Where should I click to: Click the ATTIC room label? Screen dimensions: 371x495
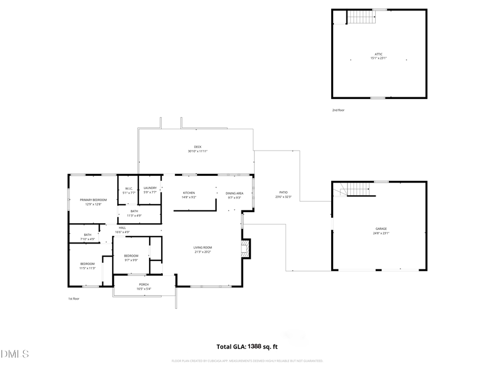click(378, 54)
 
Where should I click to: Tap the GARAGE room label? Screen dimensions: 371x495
click(381, 228)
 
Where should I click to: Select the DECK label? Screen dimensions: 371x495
click(197, 147)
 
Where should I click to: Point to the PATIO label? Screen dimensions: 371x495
click(283, 192)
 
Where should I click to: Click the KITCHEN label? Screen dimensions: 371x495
click(189, 193)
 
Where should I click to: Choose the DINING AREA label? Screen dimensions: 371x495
click(234, 193)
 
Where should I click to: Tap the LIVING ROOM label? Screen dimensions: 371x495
click(202, 247)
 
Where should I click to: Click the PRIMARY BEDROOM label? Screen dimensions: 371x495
click(93, 200)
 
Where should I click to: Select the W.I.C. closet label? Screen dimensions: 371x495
click(128, 189)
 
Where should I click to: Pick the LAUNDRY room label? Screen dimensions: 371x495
click(150, 189)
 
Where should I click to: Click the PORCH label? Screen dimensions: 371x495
click(144, 284)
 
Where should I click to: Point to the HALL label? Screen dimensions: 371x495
click(122, 228)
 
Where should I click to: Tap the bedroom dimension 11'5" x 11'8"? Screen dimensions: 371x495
click(88, 268)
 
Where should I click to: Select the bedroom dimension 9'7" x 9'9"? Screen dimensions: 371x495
click(131, 260)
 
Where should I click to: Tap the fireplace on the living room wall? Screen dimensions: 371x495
click(246, 248)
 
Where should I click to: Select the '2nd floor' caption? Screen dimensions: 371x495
click(339, 110)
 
